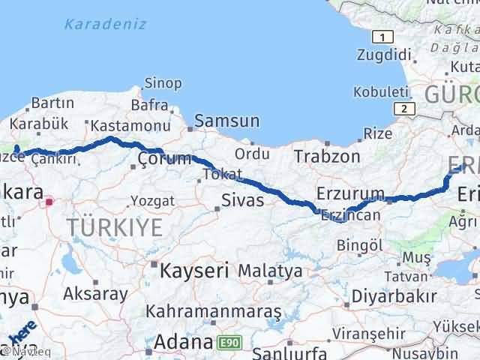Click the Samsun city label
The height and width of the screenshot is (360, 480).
point(227,121)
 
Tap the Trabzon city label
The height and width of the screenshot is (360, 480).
point(327,157)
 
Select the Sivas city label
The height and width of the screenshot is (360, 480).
point(242,200)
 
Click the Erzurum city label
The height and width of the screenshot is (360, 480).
point(350,193)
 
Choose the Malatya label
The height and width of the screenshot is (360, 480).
point(271,270)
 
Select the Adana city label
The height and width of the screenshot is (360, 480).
point(183,343)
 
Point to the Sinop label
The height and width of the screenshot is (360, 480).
point(163,82)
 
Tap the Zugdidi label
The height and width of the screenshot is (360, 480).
point(385,55)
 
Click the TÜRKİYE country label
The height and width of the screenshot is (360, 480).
point(114,226)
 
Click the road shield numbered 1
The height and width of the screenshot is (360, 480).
point(383,37)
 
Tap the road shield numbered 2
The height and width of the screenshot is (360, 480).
point(406,109)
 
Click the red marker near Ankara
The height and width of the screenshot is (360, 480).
point(49,201)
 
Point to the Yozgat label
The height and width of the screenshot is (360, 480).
point(153,201)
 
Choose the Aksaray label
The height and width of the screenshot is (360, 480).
point(95,294)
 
